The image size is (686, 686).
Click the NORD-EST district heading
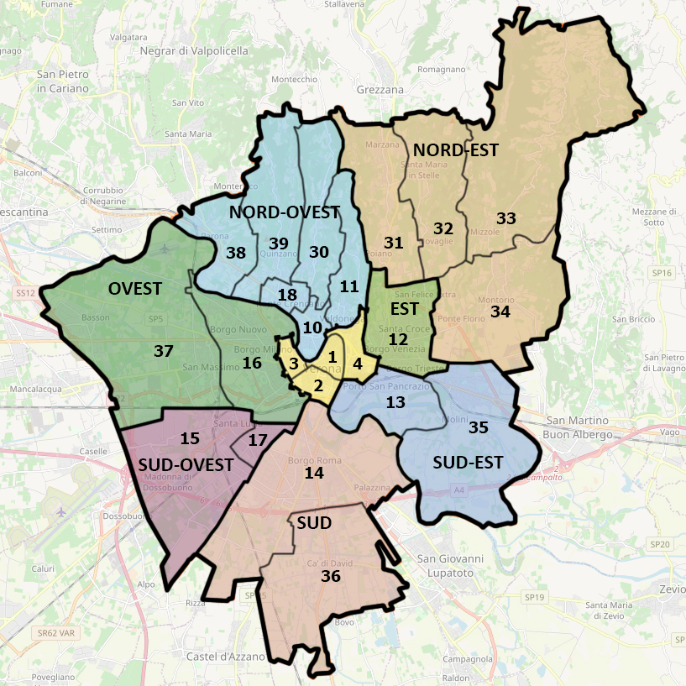[456, 150]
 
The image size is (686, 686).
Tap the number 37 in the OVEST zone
[163, 351]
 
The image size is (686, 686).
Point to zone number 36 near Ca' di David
[331, 576]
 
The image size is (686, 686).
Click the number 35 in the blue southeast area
[479, 427]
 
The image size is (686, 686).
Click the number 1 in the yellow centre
[333, 357]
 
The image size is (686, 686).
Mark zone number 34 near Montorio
[500, 312]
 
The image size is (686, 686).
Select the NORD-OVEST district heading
[284, 212]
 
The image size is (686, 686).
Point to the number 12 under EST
[398, 339]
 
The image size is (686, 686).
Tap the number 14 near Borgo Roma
[314, 473]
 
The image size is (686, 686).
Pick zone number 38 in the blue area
[236, 252]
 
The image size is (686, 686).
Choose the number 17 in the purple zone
[258, 439]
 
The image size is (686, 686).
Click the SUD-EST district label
[468, 462]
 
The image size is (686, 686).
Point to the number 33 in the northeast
[505, 217]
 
